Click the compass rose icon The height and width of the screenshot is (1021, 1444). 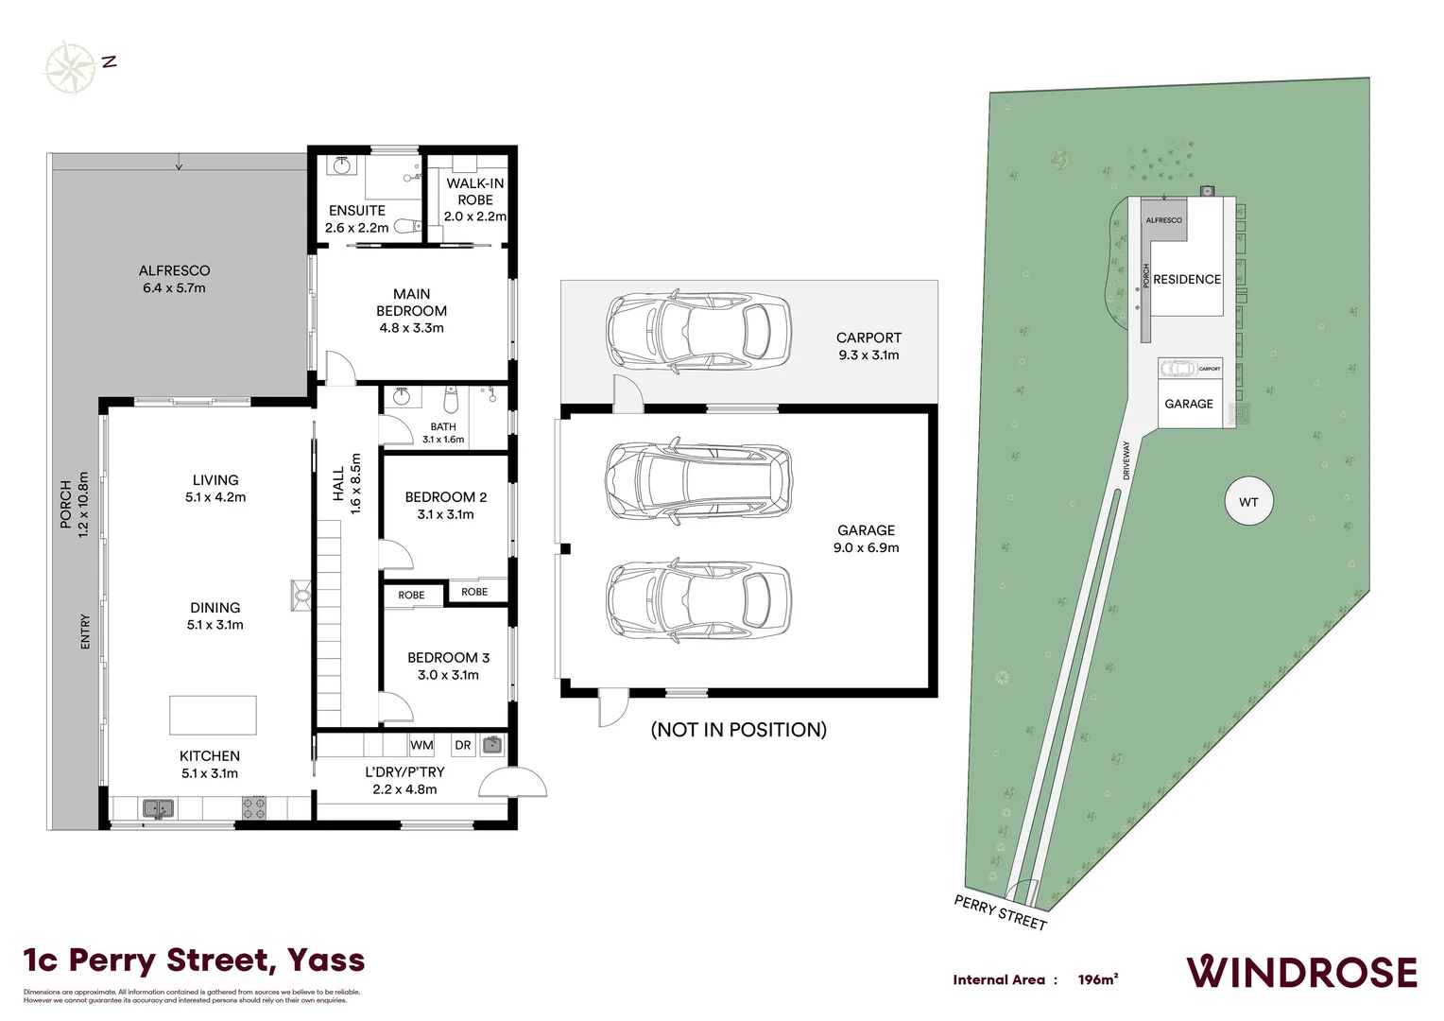[70, 67]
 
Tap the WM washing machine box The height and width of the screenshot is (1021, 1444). [421, 745]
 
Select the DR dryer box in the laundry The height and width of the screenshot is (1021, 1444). [462, 745]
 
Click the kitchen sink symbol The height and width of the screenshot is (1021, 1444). [158, 808]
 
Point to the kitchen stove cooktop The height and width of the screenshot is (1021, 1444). [254, 808]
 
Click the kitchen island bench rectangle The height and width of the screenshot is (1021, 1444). [213, 715]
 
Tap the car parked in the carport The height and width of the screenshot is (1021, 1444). [697, 331]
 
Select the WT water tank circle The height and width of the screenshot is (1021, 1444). [1248, 502]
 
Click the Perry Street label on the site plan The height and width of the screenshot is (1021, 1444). [1000, 912]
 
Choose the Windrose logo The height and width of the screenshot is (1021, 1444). [1301, 972]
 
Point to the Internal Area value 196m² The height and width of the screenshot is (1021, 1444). [1097, 979]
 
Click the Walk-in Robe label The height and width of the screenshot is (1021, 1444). [474, 192]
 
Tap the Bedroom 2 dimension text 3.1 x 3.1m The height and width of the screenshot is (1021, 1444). [445, 514]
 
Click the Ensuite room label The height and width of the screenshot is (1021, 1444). [357, 210]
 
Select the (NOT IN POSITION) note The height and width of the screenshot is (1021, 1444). [738, 729]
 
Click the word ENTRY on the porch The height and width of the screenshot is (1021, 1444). [85, 632]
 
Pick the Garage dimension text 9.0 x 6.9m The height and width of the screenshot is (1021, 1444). [866, 547]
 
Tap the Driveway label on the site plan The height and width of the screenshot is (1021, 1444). [1126, 460]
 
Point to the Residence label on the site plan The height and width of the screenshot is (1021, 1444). [1187, 279]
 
